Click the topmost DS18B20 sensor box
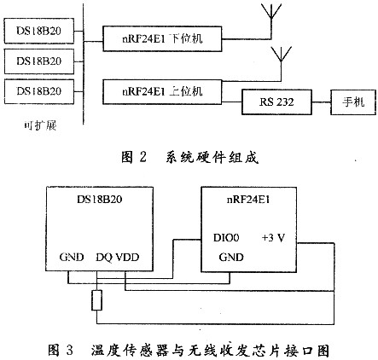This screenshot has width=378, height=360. click(x=39, y=31)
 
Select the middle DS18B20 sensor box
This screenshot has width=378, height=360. click(x=39, y=61)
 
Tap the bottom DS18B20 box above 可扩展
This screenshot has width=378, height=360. click(x=39, y=91)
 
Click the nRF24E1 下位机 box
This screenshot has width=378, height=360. click(x=162, y=39)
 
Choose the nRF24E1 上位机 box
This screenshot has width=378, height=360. click(x=162, y=92)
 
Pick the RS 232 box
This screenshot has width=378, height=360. click(x=276, y=102)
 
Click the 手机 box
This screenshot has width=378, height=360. click(x=353, y=102)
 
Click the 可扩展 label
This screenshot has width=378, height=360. click(x=40, y=125)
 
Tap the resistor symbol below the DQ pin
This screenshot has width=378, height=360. click(x=97, y=300)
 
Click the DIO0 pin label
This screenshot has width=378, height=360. click(x=226, y=238)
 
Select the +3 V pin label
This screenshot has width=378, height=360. click(x=273, y=238)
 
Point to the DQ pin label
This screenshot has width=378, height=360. click(x=104, y=258)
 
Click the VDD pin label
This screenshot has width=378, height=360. click(x=126, y=257)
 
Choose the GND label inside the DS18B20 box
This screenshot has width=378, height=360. click(x=72, y=257)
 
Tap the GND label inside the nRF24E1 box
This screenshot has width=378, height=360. click(x=231, y=258)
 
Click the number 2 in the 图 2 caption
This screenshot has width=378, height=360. click(x=142, y=157)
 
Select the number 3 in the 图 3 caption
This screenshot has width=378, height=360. click(x=69, y=350)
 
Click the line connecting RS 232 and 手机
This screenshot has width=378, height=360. click(x=321, y=102)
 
